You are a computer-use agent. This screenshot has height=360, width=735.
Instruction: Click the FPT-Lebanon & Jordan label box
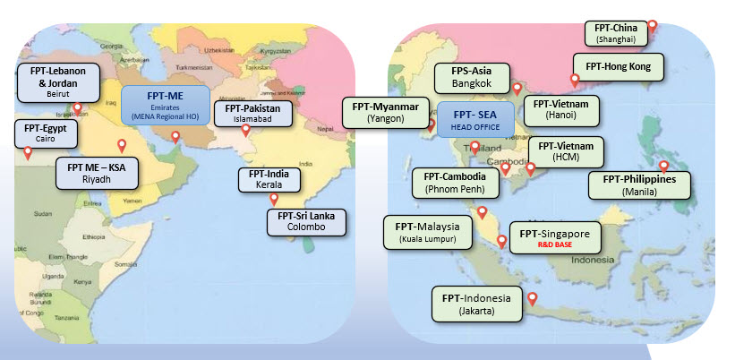tap(52, 81)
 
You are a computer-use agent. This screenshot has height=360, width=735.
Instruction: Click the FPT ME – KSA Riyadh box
tap(96, 172)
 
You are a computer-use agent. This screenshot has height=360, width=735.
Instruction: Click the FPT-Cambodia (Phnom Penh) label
tap(455, 182)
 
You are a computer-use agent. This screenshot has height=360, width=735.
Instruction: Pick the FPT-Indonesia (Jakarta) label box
tap(475, 303)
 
